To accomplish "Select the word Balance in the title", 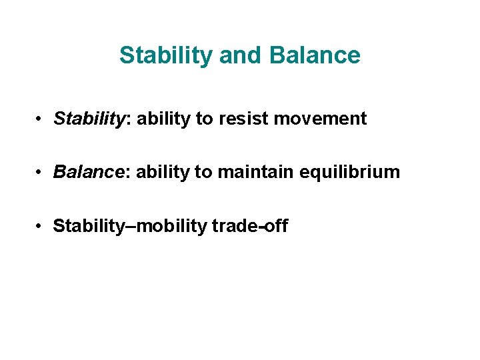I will [315, 55].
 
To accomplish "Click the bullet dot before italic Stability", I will [41, 119].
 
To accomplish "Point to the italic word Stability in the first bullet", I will [80, 119].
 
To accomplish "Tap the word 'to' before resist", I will [203, 119].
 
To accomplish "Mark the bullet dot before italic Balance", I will [41, 173].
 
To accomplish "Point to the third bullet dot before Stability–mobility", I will [41, 227].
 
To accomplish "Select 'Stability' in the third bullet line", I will [80, 227].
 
